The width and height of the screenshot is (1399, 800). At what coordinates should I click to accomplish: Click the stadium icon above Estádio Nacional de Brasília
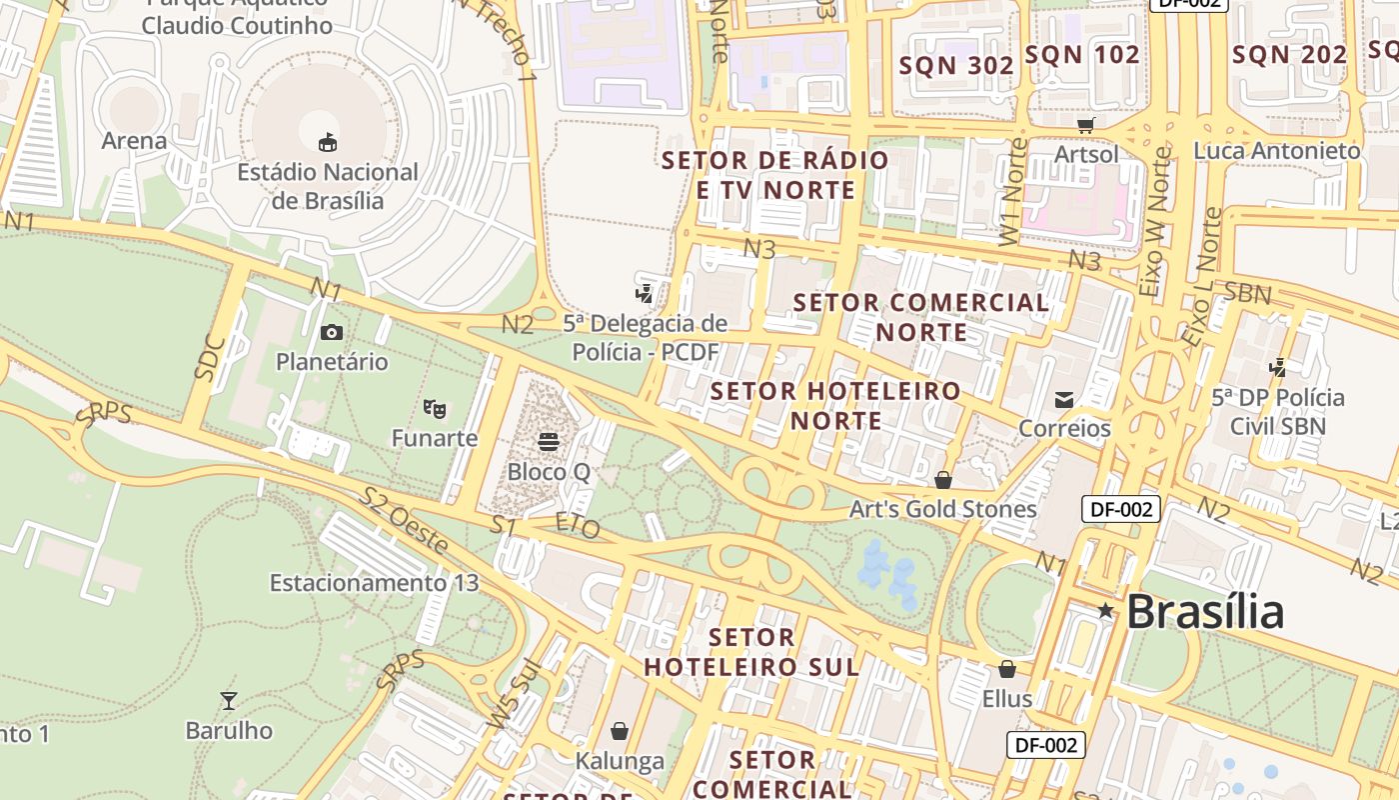coord(327,142)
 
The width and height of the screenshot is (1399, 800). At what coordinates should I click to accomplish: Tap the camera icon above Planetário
coord(331,332)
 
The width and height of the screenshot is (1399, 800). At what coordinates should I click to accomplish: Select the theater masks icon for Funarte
coord(434,408)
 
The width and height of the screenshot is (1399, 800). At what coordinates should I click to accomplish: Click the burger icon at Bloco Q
coord(548,441)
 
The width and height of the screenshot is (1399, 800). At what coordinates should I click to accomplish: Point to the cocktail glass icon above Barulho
coord(229,700)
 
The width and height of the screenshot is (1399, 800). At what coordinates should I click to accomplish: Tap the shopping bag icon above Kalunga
coord(620,731)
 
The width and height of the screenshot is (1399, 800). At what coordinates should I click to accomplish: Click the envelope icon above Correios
coord(1064,400)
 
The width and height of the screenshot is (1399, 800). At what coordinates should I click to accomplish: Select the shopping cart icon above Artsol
coord(1086,125)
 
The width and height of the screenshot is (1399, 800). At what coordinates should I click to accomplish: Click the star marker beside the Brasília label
coord(1105,610)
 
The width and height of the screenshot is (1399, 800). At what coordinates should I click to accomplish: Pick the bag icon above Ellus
coord(1006,669)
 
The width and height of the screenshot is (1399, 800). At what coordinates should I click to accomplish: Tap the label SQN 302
coord(956,66)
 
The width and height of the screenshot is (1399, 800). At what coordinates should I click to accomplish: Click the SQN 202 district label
coord(1290,55)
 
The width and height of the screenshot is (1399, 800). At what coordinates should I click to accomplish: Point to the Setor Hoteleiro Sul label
coord(751,652)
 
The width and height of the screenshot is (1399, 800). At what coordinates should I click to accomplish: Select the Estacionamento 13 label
coord(374,582)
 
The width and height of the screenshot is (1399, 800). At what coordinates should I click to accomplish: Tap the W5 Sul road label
coord(514,694)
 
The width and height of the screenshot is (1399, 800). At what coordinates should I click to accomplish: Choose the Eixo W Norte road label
coord(1155,222)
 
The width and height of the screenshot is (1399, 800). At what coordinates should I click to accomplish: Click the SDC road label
coord(210,355)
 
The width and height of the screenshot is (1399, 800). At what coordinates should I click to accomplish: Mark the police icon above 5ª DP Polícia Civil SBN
coord(1277,367)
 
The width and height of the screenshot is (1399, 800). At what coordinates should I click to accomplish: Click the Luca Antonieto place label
coord(1277,151)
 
